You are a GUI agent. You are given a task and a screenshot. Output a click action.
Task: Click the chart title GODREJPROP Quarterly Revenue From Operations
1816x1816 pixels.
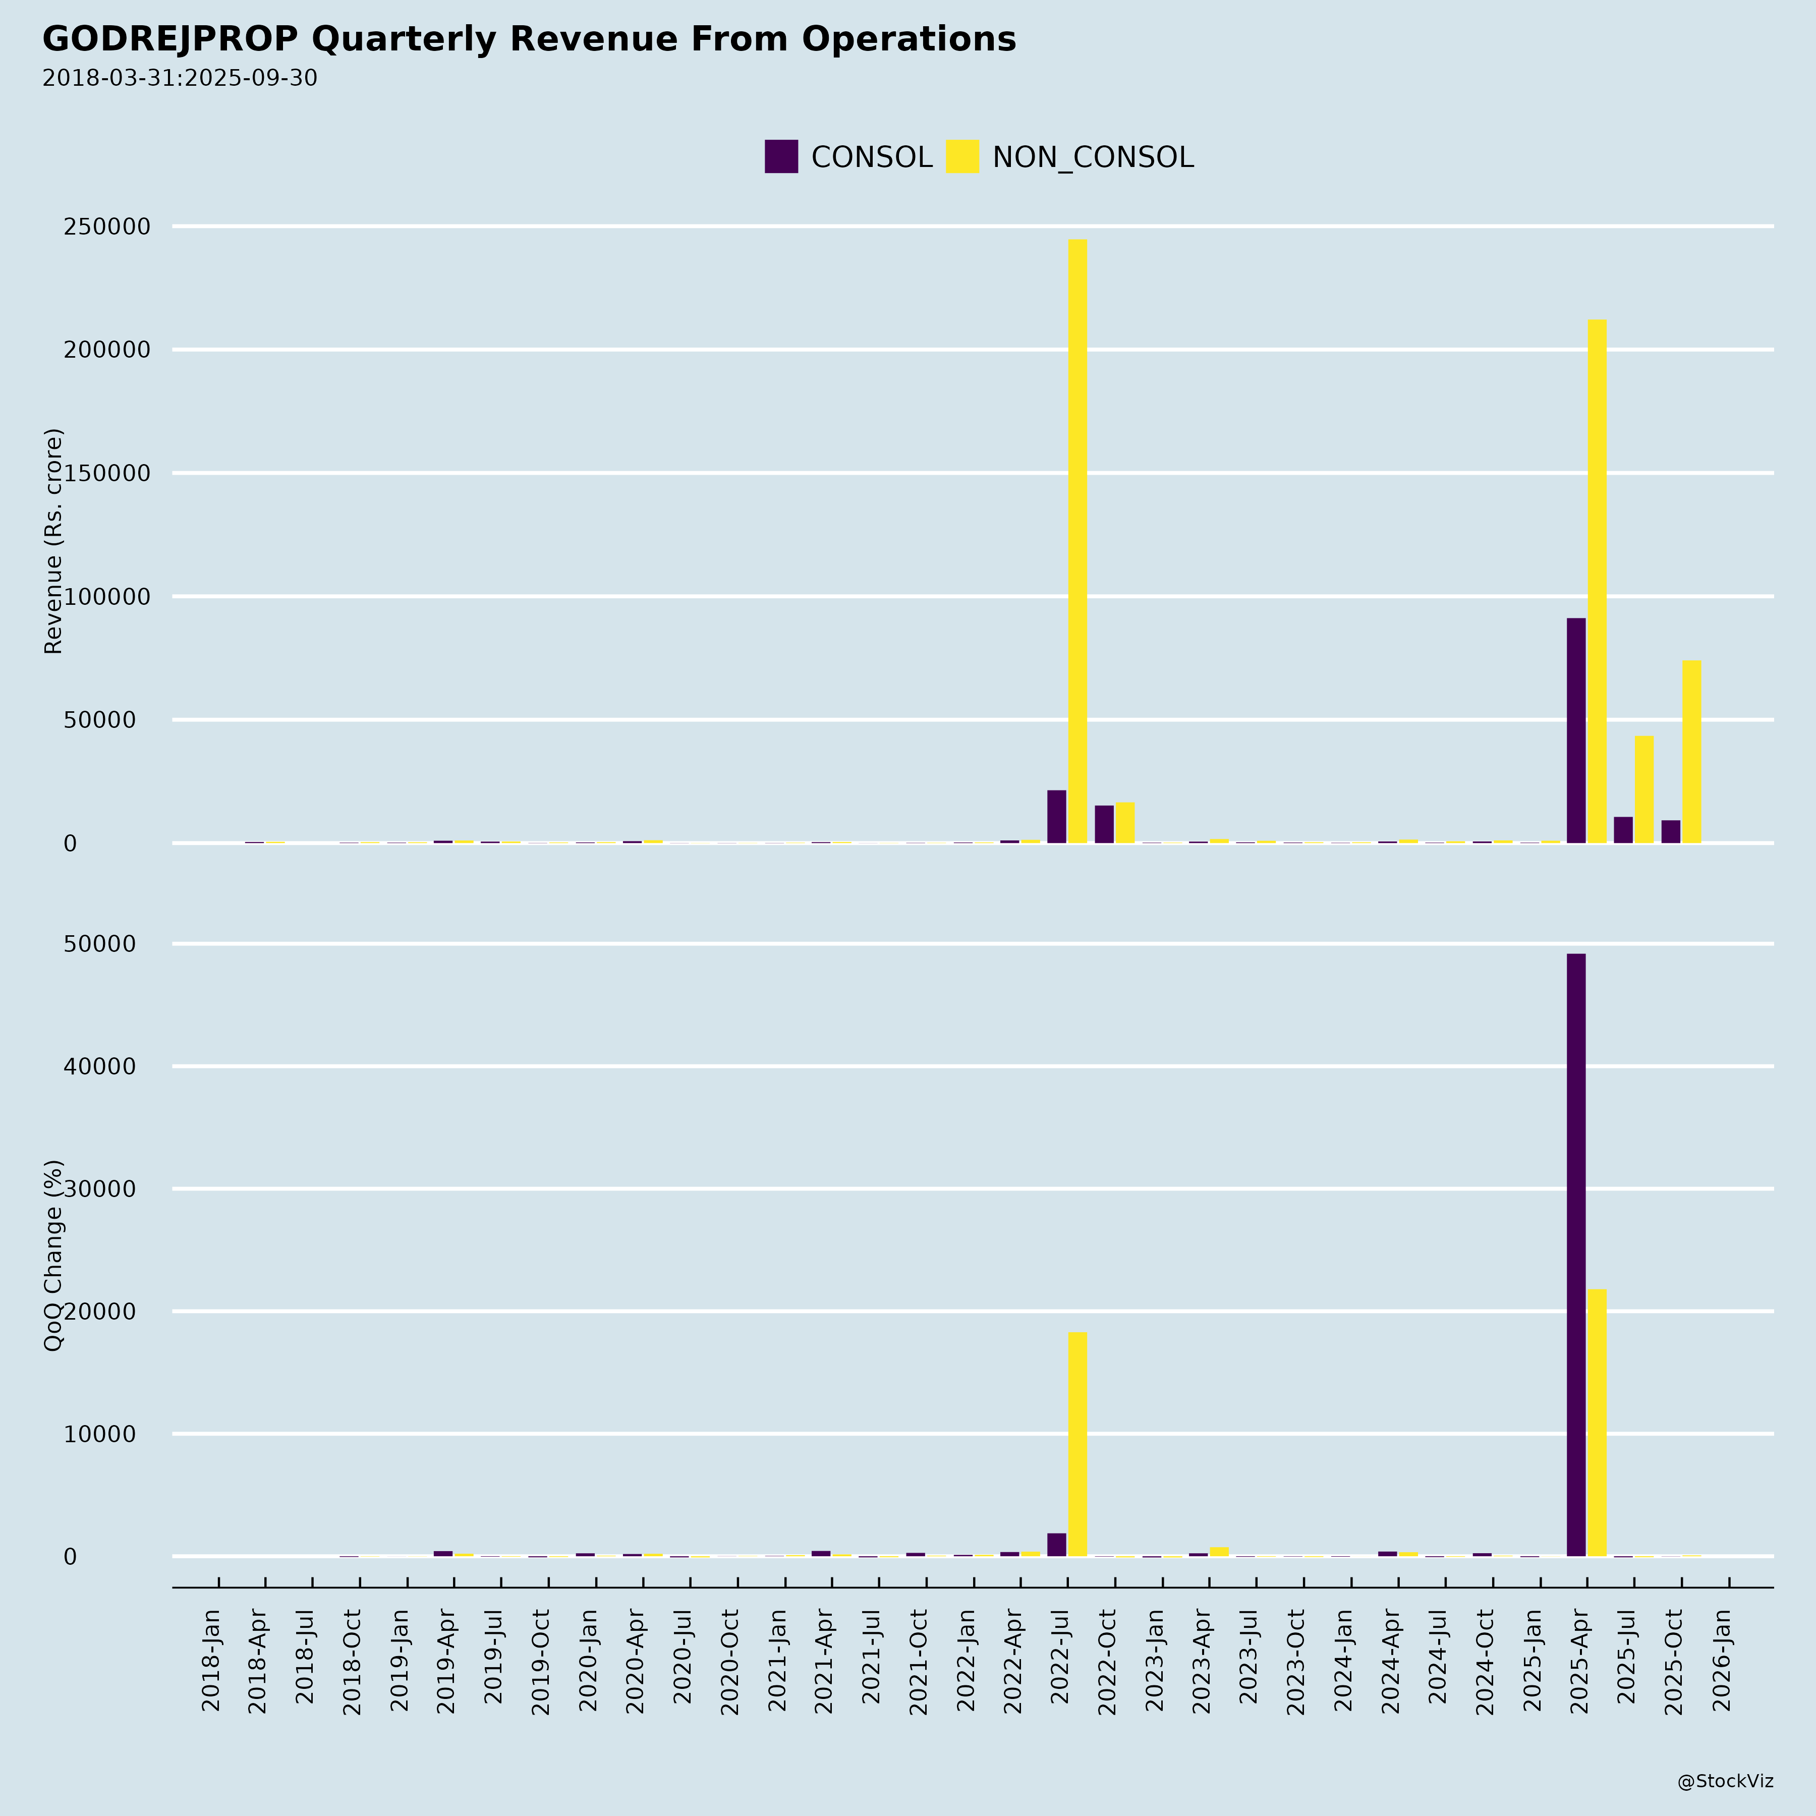click(x=529, y=39)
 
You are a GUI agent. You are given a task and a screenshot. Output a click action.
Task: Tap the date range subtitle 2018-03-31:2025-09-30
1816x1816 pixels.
click(x=180, y=78)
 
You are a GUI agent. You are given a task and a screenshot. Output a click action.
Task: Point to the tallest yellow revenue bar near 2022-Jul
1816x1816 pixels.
click(x=1077, y=540)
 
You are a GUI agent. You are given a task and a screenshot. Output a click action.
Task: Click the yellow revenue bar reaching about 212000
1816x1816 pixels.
click(x=1596, y=581)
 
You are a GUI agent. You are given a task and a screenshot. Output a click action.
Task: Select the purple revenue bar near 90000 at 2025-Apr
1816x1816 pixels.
click(x=1575, y=730)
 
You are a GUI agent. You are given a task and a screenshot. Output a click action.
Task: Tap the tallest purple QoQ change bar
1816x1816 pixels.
click(x=1575, y=1255)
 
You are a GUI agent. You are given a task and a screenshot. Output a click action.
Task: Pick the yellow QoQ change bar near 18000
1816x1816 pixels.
click(x=1077, y=1444)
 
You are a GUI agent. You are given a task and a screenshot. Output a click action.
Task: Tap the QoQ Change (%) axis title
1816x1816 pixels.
click(x=53, y=1255)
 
